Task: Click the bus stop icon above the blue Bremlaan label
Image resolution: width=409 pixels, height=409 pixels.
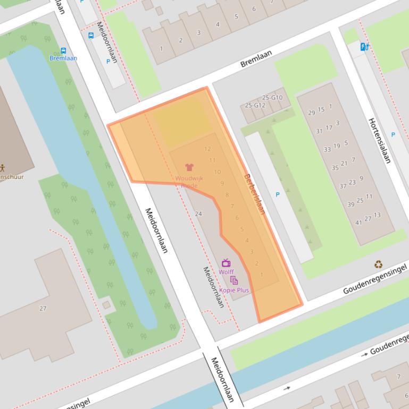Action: click(63, 51)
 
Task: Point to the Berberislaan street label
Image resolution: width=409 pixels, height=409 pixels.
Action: click(254, 194)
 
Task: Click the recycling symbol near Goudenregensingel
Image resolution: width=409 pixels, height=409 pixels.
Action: click(378, 263)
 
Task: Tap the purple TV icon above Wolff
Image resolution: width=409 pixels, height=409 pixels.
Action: click(226, 263)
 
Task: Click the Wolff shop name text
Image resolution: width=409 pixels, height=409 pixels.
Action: click(227, 272)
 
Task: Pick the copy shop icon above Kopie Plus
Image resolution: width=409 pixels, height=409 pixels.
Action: click(234, 281)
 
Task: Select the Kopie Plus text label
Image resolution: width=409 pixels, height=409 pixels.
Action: click(234, 290)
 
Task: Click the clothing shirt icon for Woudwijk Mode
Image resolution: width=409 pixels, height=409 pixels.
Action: click(189, 167)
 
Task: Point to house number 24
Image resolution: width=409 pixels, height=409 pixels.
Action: click(199, 214)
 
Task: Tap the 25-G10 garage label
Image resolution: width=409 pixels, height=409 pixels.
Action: click(273, 98)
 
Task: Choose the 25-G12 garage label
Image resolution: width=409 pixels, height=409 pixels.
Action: click(254, 105)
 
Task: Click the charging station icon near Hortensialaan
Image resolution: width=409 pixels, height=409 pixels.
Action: click(364, 47)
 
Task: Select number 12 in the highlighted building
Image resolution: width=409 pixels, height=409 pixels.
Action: click(207, 149)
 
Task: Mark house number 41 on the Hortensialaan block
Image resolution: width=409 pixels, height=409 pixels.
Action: click(359, 222)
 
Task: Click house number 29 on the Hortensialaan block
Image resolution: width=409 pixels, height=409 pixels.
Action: click(312, 113)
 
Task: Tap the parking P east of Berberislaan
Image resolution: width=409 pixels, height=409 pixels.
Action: click(277, 195)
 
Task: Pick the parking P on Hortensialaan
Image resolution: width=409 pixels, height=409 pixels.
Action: click(393, 135)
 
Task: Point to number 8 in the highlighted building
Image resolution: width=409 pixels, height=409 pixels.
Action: click(227, 195)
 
